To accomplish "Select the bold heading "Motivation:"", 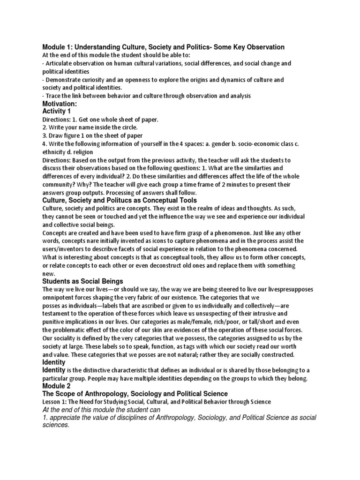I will [x=60, y=104].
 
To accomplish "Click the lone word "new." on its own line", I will [x=49, y=274].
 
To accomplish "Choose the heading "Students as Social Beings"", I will [x=82, y=281].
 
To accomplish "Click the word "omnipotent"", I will [x=59, y=297].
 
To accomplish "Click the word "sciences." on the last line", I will [x=56, y=426].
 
